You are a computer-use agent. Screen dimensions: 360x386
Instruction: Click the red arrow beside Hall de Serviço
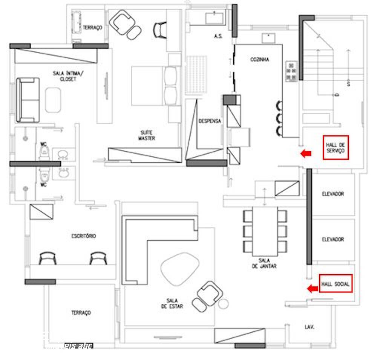click(306, 153)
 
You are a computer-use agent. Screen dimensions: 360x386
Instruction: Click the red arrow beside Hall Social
click(312, 289)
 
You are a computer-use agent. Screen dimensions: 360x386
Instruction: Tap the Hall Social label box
click(335, 284)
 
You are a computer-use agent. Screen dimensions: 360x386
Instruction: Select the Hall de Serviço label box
click(335, 147)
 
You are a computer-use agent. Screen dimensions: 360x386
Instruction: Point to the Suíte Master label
click(146, 135)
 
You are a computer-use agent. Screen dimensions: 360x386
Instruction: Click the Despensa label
click(210, 121)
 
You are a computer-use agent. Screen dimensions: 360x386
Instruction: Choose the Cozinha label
click(260, 60)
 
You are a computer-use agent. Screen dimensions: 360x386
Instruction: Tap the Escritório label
click(84, 236)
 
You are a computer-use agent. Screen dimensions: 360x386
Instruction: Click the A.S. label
click(218, 36)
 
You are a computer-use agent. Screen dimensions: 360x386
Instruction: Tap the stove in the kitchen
click(291, 72)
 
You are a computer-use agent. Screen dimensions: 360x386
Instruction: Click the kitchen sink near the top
click(269, 38)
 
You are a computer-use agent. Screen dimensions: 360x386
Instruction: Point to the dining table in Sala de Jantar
click(265, 231)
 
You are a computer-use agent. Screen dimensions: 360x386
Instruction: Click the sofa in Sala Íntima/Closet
click(28, 100)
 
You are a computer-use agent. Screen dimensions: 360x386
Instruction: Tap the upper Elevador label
click(333, 194)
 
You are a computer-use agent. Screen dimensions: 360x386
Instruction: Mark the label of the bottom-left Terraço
click(81, 313)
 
